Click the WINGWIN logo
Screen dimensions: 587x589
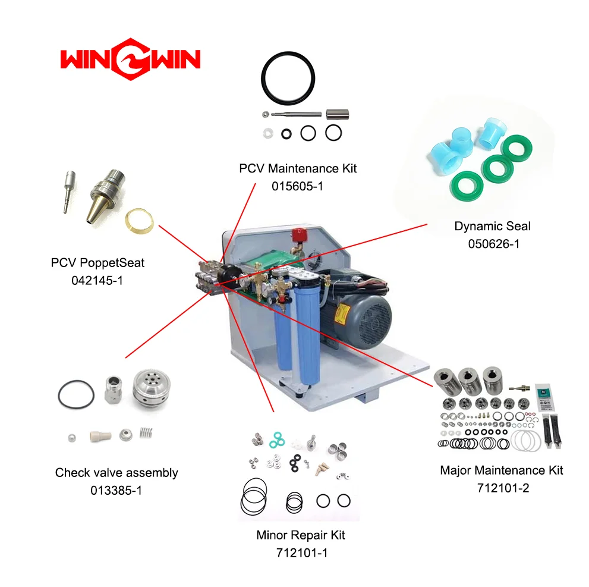point(130,59)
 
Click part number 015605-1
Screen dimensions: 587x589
point(298,186)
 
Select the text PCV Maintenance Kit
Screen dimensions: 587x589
point(298,168)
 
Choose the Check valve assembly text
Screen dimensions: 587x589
point(116,473)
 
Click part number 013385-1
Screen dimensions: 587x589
point(116,491)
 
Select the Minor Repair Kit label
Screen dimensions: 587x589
point(300,535)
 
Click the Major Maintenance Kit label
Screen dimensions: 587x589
point(501,470)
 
